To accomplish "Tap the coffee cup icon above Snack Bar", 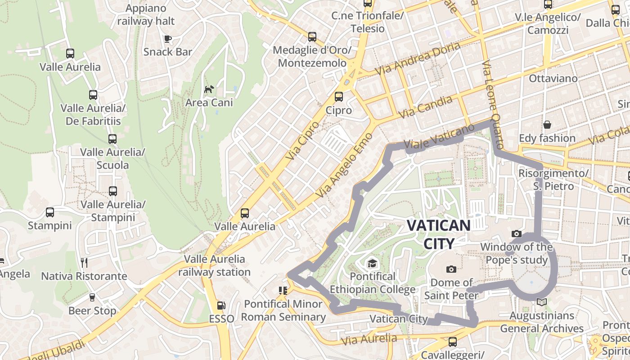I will click(168, 39).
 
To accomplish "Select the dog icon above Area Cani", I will click(209, 90).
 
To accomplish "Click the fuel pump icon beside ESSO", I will click(221, 305).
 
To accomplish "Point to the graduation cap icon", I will click(372, 263).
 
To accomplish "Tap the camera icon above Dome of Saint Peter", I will click(451, 269).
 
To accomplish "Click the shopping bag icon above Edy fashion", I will click(547, 125).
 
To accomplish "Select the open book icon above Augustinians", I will click(542, 302).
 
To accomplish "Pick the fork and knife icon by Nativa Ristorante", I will click(84, 262).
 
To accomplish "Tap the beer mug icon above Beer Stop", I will click(92, 297).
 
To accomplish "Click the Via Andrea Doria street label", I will click(418, 58).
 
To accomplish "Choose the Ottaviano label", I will click(553, 78).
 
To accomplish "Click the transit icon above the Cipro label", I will click(338, 97).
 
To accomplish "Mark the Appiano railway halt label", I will click(146, 15).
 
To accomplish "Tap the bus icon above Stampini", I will click(50, 212).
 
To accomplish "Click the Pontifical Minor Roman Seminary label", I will click(283, 310).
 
